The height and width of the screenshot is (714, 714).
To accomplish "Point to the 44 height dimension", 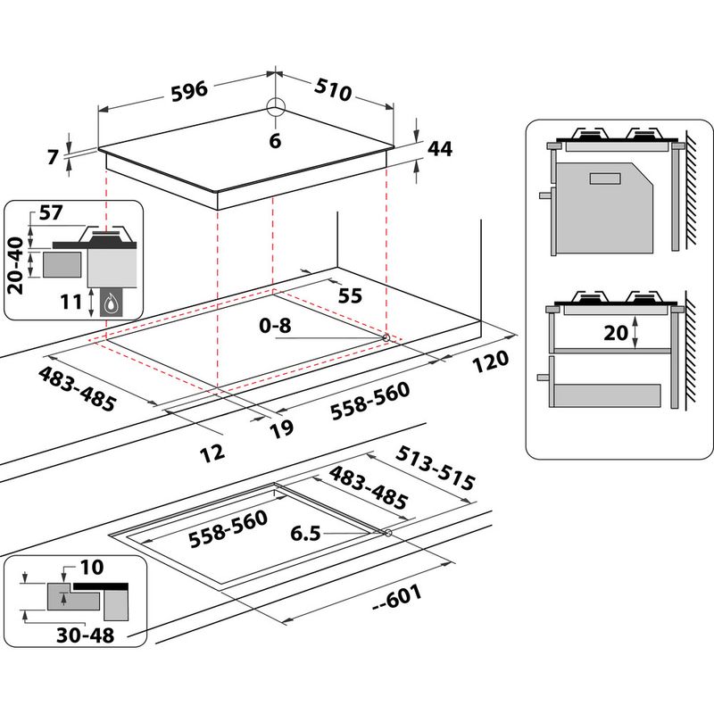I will click(439, 149).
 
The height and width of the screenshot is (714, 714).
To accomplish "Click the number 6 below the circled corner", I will click(275, 140).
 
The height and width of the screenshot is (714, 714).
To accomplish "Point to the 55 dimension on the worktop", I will click(350, 295).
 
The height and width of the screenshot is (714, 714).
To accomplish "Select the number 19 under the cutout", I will click(281, 428).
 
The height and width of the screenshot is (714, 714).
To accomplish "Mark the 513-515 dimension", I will click(436, 466).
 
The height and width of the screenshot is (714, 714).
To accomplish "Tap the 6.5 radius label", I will click(305, 533).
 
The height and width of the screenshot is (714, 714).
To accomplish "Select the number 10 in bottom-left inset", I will click(91, 567).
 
